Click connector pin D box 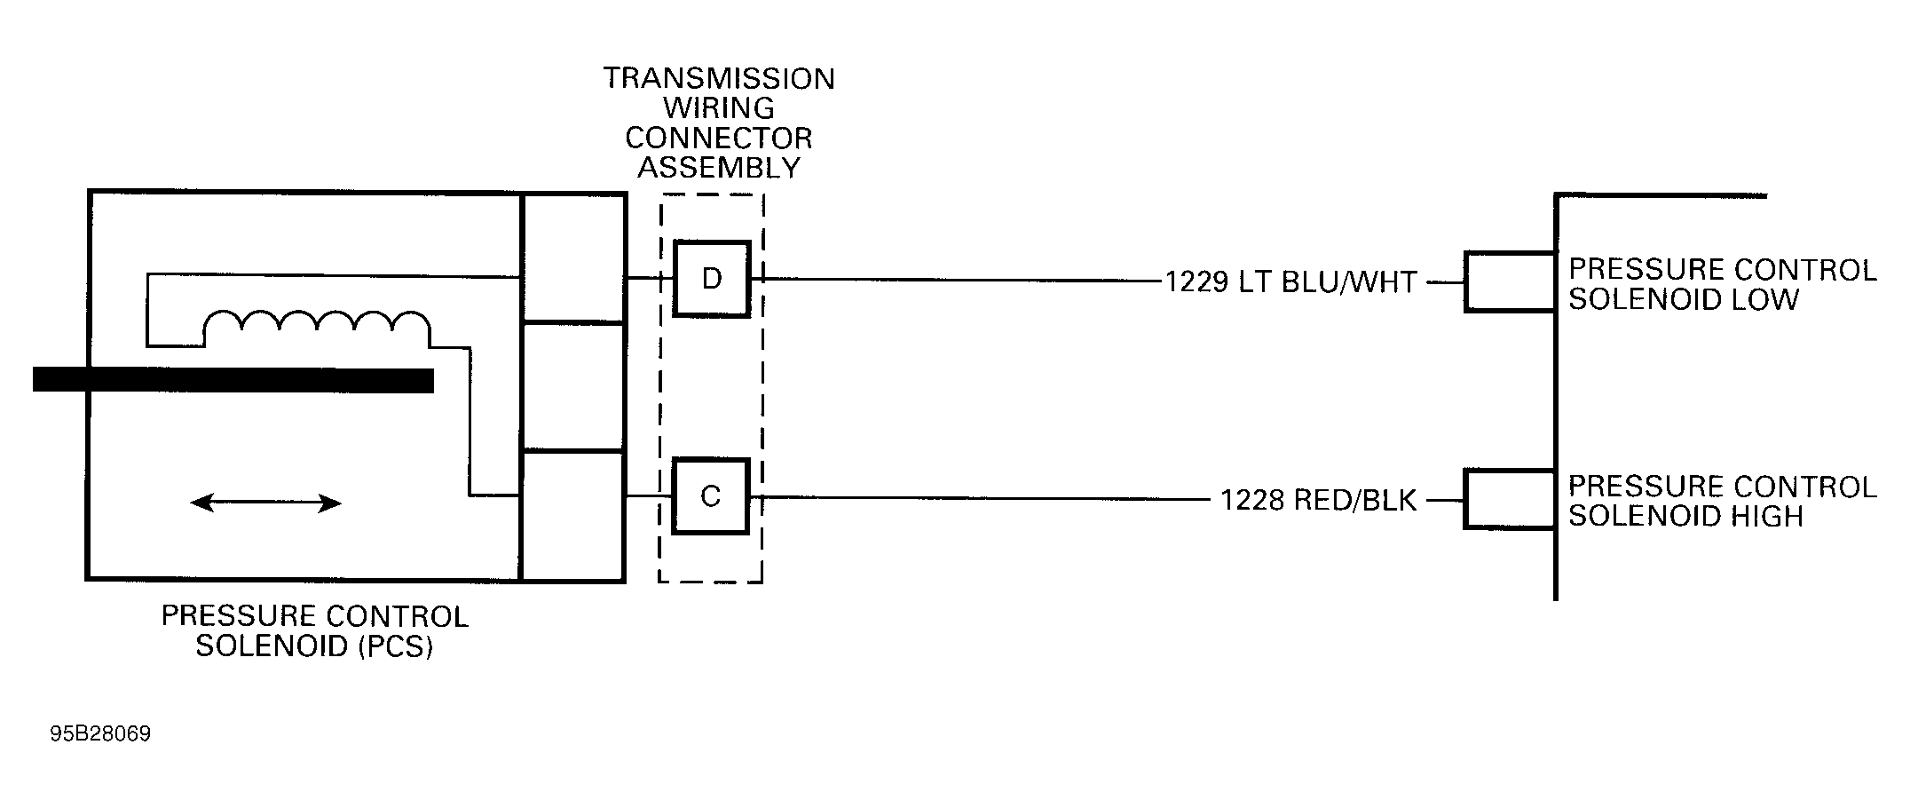[x=711, y=279]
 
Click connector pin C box [x=710, y=496]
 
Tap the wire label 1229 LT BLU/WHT [x=1290, y=282]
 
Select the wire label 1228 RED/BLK [x=1318, y=501]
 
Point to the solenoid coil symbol [x=317, y=327]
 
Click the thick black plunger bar [x=233, y=380]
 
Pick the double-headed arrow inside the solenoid [x=266, y=503]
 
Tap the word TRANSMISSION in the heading [x=719, y=79]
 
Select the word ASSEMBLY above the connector [x=719, y=168]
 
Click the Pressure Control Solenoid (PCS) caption [x=314, y=630]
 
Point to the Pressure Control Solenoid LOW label [x=1722, y=284]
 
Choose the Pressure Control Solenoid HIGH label [x=1722, y=502]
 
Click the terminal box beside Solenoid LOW [x=1509, y=282]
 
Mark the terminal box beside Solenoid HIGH [x=1509, y=500]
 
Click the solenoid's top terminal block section [x=573, y=257]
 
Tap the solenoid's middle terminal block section [x=573, y=387]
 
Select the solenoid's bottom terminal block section [x=573, y=516]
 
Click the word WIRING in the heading [x=719, y=108]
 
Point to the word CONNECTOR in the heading [x=719, y=139]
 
